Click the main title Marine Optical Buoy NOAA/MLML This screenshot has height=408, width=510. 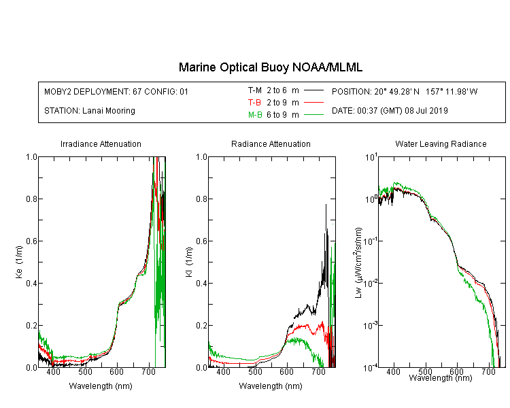(270, 67)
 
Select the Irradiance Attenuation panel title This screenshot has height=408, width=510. (101, 143)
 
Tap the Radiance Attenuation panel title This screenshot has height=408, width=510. (271, 143)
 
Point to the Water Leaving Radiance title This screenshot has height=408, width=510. (441, 143)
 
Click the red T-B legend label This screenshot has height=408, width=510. (254, 103)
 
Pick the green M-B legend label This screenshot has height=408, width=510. (255, 115)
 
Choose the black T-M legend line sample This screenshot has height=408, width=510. (313, 90)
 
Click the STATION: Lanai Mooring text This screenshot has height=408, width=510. (90, 111)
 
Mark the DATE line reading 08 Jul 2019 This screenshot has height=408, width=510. (390, 111)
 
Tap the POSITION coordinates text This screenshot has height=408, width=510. (405, 91)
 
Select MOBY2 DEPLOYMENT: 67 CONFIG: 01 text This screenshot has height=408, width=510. (116, 91)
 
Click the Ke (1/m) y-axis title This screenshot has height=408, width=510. (19, 262)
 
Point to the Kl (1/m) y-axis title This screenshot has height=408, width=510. (189, 262)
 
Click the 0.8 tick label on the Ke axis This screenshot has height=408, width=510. (32, 199)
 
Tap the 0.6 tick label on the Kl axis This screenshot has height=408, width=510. (202, 241)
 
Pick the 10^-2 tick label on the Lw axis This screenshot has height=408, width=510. (371, 282)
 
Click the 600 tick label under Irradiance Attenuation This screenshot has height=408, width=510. (116, 371)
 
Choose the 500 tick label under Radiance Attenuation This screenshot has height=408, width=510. (255, 371)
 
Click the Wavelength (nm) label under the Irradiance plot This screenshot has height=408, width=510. (101, 386)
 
